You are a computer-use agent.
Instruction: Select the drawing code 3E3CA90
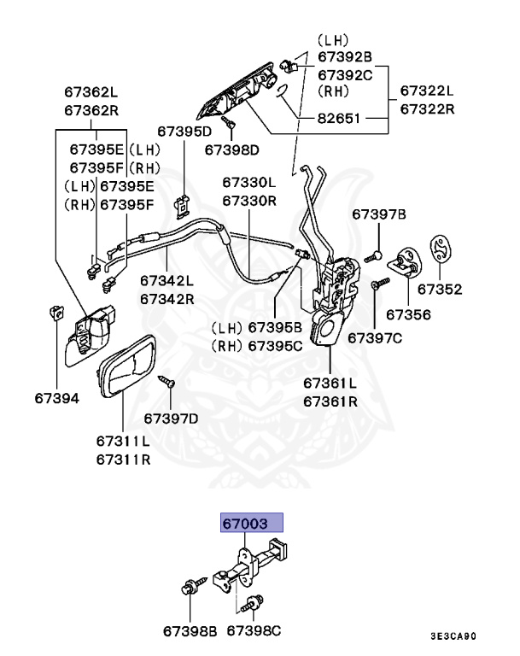point(466,636)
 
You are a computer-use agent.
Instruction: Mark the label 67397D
point(171,418)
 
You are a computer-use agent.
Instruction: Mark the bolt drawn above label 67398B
point(187,589)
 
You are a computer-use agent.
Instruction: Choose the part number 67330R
point(249,201)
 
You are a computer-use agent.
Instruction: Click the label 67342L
point(167,280)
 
